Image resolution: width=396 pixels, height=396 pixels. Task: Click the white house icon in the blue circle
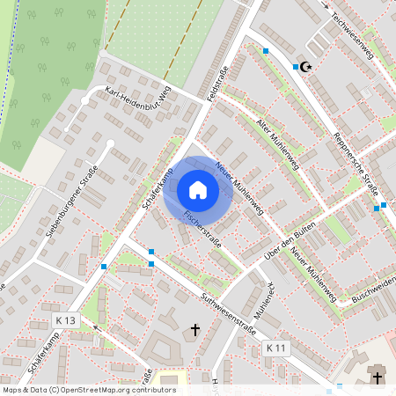pyautogui.click(x=198, y=189)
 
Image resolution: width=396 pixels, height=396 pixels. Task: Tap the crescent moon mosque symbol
pyautogui.click(x=306, y=67)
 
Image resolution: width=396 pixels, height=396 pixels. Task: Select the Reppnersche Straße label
pyautogui.click(x=356, y=163)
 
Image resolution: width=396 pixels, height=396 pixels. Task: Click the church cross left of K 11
pyautogui.click(x=196, y=330)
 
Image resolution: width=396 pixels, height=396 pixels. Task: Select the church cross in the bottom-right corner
pyautogui.click(x=378, y=378)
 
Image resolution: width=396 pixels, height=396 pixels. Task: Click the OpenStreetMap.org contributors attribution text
pyautogui.click(x=115, y=389)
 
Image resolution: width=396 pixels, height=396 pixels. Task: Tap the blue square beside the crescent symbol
pyautogui.click(x=295, y=67)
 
